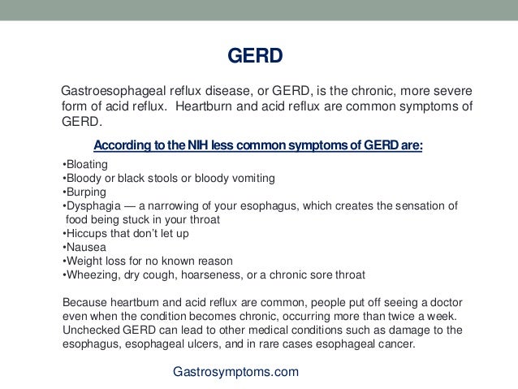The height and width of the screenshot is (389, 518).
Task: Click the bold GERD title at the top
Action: coord(253,58)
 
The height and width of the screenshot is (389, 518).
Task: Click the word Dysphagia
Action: coord(94,205)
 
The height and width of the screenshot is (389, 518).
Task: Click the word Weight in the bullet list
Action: coord(85,261)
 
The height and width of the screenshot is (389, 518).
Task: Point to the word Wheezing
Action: coord(93,274)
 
